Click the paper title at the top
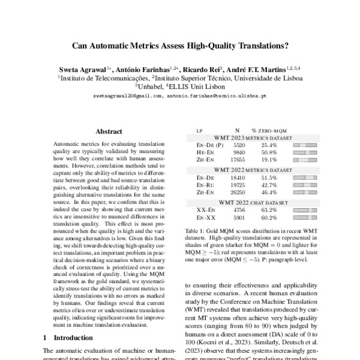[180, 44]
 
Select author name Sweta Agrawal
[86, 68]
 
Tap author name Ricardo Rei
[206, 68]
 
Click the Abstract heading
[109, 131]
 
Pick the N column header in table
[238, 130]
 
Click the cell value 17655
[238, 160]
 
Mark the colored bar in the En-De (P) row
[304, 145]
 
